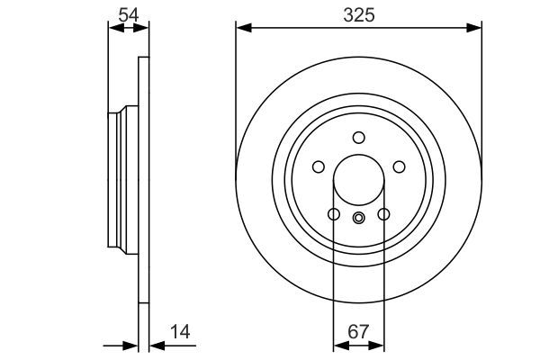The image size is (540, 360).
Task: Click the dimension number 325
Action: [358, 14]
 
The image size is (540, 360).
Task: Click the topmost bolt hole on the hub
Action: [358, 137]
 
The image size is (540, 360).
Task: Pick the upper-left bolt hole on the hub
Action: [318, 166]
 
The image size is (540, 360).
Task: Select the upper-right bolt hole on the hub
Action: [399, 166]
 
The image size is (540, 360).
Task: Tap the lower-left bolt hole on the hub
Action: [333, 214]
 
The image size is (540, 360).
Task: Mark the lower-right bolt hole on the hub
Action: [383, 214]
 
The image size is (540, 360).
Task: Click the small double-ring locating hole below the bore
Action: [358, 216]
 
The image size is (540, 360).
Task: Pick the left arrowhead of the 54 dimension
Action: [112, 29]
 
